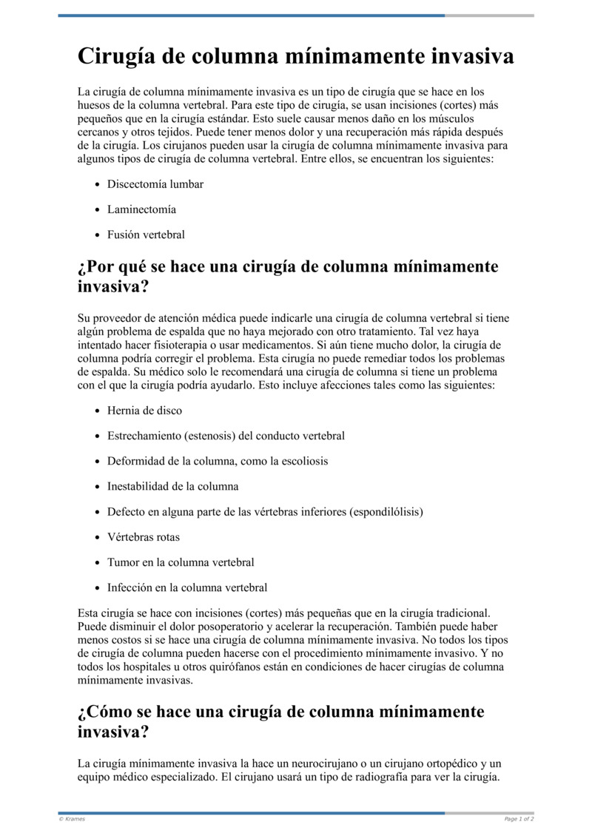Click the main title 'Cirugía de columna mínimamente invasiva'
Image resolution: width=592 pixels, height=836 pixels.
[x=296, y=57]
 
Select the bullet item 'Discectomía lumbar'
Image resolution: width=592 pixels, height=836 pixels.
[x=155, y=184]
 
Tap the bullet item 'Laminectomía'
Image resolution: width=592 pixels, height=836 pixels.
[x=141, y=209]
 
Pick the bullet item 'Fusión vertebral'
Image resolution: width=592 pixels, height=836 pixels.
[x=146, y=235]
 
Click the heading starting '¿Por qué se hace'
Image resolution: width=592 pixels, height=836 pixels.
[x=288, y=276]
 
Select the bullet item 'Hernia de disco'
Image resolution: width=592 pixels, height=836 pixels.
[x=144, y=411]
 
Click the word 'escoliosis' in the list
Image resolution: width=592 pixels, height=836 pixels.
[x=304, y=461]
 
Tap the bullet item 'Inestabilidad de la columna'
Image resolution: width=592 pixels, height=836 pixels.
[x=173, y=487]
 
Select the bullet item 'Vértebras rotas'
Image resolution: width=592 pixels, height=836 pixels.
[x=144, y=537]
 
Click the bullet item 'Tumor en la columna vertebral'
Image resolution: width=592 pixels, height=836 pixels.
[x=181, y=562]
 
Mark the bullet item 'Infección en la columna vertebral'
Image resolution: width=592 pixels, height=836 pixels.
[x=187, y=588]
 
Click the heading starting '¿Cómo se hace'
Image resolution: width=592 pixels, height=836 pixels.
[x=281, y=721]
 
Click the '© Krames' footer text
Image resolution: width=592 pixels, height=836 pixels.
[x=72, y=819]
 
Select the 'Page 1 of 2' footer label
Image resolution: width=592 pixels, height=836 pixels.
[x=519, y=819]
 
